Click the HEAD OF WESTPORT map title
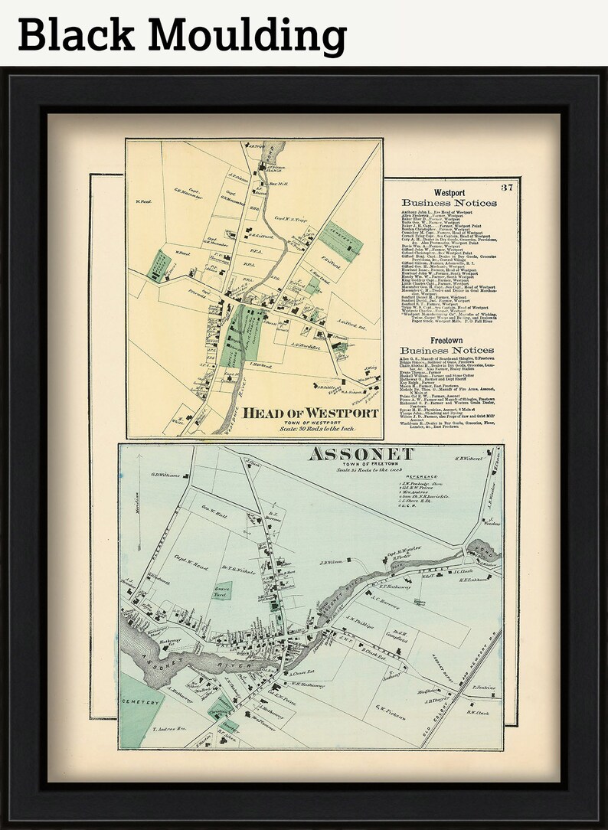pos(311,413)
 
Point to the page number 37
pos(507,188)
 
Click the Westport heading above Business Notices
pos(449,192)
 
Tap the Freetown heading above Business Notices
pos(449,339)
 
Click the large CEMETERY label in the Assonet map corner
pos(140,702)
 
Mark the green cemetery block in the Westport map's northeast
pos(340,241)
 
